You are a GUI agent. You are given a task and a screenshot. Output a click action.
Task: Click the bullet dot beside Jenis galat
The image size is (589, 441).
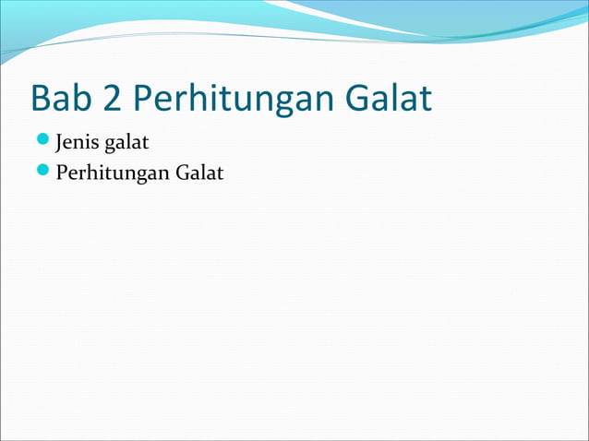click(x=43, y=143)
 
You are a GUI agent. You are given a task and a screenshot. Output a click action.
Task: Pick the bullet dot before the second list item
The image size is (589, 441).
click(x=43, y=172)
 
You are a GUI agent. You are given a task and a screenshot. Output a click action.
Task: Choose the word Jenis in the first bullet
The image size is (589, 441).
click(x=78, y=144)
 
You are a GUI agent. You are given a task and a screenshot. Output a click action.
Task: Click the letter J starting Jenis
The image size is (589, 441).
click(x=60, y=144)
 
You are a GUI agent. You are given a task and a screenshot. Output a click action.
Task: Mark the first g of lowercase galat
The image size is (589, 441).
click(x=110, y=146)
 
